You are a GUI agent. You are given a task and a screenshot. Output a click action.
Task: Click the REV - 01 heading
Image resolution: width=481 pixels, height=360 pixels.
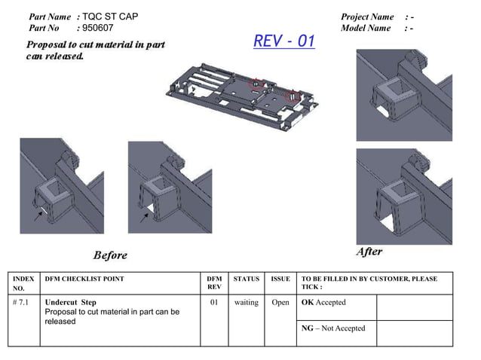(283, 41)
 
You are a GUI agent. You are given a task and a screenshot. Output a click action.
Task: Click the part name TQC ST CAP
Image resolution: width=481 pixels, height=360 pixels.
(110, 17)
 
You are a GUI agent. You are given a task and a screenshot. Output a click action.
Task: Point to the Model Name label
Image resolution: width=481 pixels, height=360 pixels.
(366, 28)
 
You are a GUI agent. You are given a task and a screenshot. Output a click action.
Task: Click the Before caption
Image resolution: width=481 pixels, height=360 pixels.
(110, 255)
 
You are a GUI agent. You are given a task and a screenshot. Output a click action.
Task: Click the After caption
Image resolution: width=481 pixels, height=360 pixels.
(369, 252)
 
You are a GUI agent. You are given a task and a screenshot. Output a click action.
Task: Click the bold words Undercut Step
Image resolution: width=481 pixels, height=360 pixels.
(71, 303)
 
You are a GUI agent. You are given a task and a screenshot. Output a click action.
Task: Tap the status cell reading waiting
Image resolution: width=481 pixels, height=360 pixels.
(246, 303)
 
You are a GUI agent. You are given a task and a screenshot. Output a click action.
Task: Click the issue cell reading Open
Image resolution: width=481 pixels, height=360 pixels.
(280, 303)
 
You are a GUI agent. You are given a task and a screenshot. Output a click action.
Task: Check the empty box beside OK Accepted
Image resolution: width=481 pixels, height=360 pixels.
(414, 307)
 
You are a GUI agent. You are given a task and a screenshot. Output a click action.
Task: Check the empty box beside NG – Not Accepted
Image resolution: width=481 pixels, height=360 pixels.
(414, 333)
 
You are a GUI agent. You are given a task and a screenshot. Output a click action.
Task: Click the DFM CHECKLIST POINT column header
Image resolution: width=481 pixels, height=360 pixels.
(84, 279)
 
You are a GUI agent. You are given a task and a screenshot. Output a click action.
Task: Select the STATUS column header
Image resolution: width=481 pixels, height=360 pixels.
(246, 279)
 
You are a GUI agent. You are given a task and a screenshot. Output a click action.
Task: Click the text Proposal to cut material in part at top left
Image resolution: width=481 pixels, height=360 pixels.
(96, 44)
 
